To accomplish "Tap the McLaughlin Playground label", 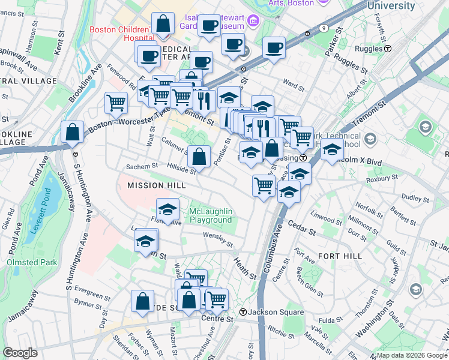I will pyautogui.click(x=210, y=216).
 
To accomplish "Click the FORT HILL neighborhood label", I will pyautogui.click(x=340, y=256).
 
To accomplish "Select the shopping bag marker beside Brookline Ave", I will pyautogui.click(x=72, y=133).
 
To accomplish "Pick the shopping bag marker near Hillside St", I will pyautogui.click(x=199, y=157).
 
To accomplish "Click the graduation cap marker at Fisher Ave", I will pyautogui.click(x=168, y=210).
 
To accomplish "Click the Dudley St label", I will pyautogui.click(x=397, y=197).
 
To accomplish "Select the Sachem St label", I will pyautogui.click(x=142, y=166).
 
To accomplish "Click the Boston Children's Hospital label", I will pyautogui.click(x=119, y=34).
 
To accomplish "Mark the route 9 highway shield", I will pyautogui.click(x=324, y=28).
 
